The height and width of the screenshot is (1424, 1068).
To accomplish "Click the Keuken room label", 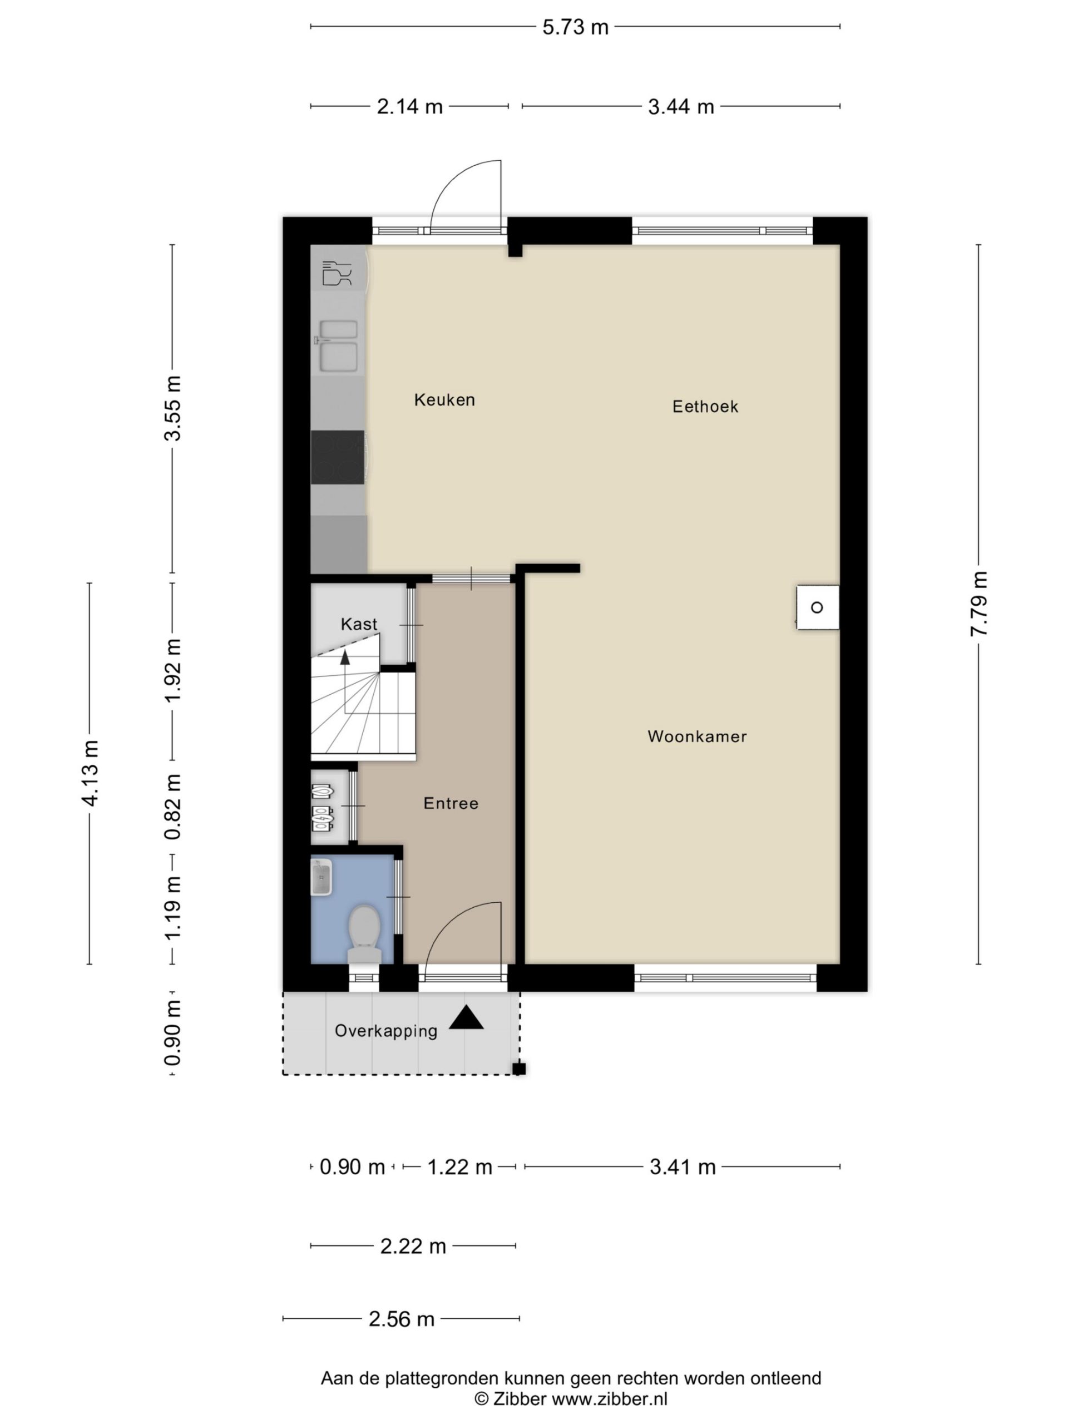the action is pyautogui.click(x=444, y=400).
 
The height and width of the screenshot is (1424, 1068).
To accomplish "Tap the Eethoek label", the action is pyautogui.click(x=705, y=406).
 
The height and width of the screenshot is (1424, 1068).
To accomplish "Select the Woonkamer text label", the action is pyautogui.click(x=697, y=736).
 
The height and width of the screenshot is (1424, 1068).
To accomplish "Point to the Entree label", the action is pyautogui.click(x=451, y=803).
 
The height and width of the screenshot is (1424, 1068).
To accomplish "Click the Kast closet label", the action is pyautogui.click(x=359, y=624).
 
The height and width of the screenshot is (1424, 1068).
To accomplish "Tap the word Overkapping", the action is pyautogui.click(x=385, y=1031).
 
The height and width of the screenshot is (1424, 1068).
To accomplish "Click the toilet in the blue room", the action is pyautogui.click(x=364, y=933).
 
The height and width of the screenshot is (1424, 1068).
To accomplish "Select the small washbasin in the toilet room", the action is pyautogui.click(x=322, y=877).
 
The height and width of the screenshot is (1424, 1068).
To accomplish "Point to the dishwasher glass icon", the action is pyautogui.click(x=337, y=273).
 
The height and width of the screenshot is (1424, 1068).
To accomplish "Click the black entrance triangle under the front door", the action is pyautogui.click(x=466, y=1018).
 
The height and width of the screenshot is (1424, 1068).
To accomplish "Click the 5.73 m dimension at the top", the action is pyautogui.click(x=575, y=27).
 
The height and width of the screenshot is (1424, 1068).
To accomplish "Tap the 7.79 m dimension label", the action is pyautogui.click(x=978, y=604).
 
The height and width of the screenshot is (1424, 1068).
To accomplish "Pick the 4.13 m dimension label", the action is pyautogui.click(x=90, y=773).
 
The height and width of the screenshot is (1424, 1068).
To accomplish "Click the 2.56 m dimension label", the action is pyautogui.click(x=401, y=1319).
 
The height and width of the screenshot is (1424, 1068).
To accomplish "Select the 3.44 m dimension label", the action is pyautogui.click(x=680, y=106).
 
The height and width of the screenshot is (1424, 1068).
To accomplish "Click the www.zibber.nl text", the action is pyautogui.click(x=610, y=1398).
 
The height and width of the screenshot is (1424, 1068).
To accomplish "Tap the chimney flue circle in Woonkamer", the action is pyautogui.click(x=817, y=607).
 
